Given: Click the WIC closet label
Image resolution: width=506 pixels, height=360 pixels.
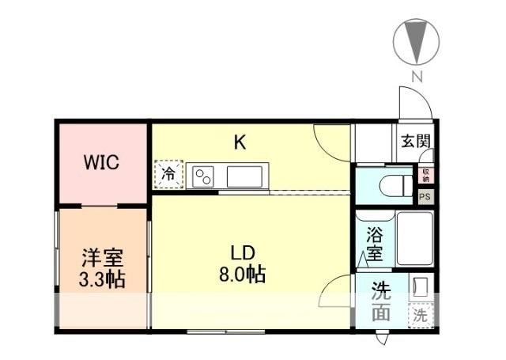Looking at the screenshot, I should coord(101,163).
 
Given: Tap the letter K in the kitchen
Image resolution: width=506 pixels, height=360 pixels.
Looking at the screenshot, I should coord(240,142).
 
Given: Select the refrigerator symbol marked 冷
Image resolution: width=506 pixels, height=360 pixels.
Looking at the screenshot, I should coord(168,175).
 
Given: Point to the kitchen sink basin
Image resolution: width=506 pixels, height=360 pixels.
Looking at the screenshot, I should coord(244,176).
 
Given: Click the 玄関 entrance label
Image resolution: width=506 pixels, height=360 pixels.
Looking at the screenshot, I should coord(415,142).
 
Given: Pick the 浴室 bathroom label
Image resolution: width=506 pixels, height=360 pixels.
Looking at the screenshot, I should coord(374,244).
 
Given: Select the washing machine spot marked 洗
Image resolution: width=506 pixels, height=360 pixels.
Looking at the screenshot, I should coord(421,315).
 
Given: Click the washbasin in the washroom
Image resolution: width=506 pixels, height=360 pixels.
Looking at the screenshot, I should coord(421,286).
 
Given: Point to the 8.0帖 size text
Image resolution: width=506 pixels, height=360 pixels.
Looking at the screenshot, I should coord(242,275).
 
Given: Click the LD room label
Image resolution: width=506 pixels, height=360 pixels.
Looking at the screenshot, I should coord(241,253).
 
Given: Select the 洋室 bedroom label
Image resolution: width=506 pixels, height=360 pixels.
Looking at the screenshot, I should coord(102,258).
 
